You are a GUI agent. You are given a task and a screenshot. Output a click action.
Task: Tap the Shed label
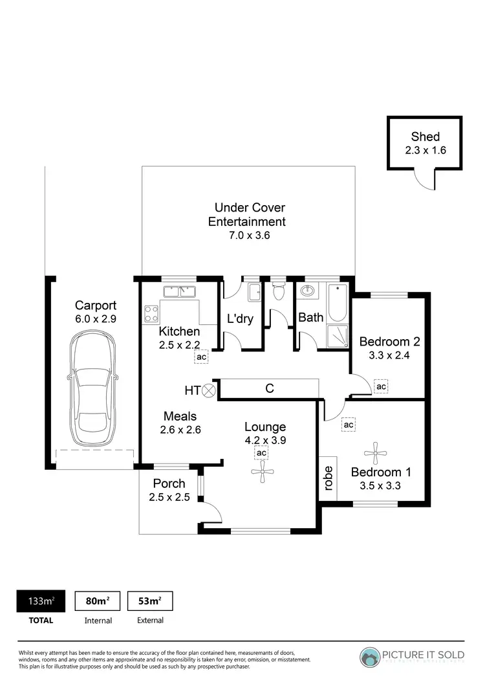tap(425, 137)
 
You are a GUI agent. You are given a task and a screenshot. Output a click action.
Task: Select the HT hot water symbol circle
tap(210, 390)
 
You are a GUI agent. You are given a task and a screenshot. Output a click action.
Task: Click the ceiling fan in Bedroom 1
tap(374, 449)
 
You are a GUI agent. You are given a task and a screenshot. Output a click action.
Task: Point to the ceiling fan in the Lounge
tap(262, 473)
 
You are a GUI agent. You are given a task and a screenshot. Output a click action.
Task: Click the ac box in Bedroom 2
tap(382, 386)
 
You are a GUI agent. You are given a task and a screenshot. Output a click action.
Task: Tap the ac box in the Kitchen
tap(201, 357)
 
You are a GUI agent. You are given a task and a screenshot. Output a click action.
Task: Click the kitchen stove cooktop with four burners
tap(151, 314)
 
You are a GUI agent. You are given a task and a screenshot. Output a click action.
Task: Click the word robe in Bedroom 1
tap(328, 479)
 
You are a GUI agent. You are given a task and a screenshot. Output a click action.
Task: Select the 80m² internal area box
tap(98, 601)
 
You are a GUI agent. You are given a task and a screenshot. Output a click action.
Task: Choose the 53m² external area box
tap(150, 601)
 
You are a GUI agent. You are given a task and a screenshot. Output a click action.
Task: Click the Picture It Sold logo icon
tap(372, 656)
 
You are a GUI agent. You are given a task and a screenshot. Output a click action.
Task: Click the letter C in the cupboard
tap(270, 388)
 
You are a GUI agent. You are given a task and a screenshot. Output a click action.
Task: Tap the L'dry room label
tap(240, 318)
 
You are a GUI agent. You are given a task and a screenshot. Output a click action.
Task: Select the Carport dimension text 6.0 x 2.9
tap(95, 318)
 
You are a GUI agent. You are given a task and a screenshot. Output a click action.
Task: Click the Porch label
tap(169, 483)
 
